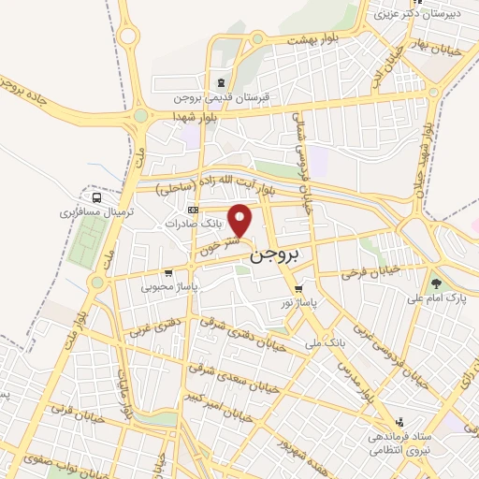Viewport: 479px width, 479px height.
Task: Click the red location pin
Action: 241,219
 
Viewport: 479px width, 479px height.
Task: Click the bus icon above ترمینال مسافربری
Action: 97,197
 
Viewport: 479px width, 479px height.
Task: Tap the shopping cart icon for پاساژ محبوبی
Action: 167,273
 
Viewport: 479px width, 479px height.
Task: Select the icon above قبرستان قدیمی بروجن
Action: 221,80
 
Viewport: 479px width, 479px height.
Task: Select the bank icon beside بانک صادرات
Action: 194,210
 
